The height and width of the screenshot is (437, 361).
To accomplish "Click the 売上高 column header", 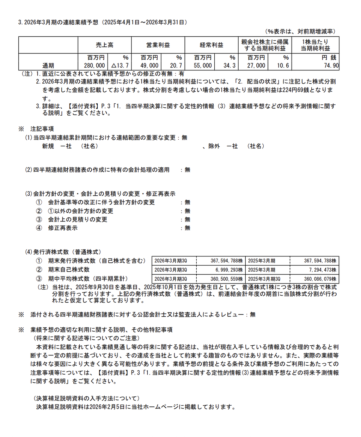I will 104,45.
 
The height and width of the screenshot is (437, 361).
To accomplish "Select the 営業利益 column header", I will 158,45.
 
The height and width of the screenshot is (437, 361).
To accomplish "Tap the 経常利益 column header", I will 211,45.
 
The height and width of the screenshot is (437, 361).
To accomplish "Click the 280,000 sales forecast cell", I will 94,66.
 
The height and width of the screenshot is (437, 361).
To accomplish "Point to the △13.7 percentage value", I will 120,66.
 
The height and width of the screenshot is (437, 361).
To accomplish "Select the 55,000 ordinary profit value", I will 203,66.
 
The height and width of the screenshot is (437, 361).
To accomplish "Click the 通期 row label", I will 48,66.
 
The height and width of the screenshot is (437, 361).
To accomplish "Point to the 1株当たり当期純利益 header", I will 315,45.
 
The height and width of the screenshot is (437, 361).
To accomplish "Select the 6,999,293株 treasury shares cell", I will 229,270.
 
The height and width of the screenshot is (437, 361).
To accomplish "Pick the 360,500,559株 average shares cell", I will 227,279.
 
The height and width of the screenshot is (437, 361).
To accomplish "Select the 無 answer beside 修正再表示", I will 188,228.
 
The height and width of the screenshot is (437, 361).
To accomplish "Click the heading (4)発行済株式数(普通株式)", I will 63,252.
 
